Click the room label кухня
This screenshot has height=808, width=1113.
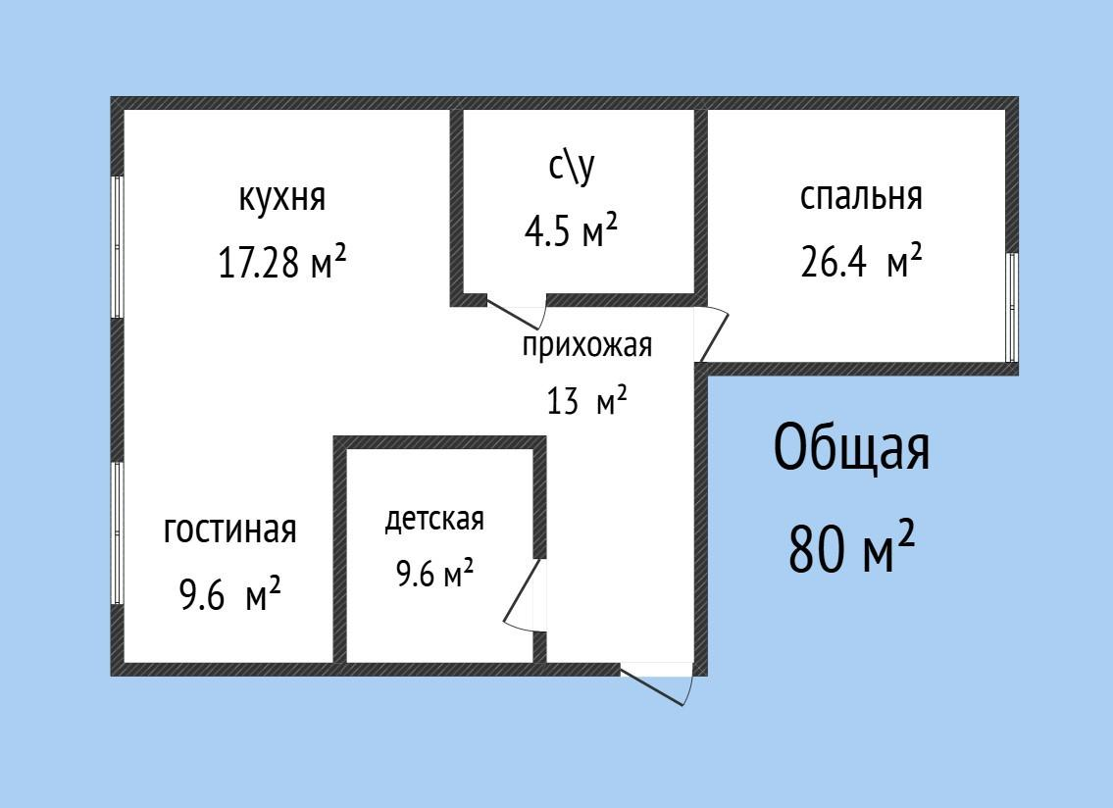point(281,198)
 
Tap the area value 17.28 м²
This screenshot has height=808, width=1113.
point(281,263)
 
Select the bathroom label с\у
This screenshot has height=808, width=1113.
point(571,169)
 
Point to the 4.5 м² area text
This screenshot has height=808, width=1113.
point(571,232)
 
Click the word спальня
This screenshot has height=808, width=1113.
point(861,196)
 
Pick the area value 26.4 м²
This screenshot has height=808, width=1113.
point(861,263)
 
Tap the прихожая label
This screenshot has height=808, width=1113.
point(586,345)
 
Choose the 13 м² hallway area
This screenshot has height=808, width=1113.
point(586,401)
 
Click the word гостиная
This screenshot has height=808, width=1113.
point(229,530)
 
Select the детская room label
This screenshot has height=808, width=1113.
point(433,519)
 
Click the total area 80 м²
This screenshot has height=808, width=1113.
point(851,548)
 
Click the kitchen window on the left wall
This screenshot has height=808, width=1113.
point(117,246)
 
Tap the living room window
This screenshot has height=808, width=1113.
point(117,532)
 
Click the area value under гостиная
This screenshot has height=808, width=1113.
point(229,595)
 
